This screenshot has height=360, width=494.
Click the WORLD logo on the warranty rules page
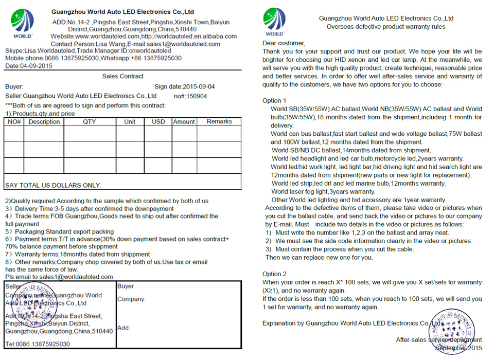click(274, 22)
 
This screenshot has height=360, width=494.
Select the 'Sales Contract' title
click(123, 76)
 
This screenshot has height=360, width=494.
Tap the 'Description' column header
click(44, 122)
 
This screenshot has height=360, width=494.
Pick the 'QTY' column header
click(90, 122)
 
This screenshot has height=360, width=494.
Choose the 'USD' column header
click(158, 122)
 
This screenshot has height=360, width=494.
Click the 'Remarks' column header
click(219, 121)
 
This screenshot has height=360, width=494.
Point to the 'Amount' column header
click(184, 122)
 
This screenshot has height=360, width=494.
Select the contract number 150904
click(197, 96)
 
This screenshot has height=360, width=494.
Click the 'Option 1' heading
click(274, 101)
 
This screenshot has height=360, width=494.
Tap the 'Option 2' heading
click(274, 274)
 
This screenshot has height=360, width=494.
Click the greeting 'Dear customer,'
click(284, 43)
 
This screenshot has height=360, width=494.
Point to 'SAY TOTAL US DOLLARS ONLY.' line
click(54, 185)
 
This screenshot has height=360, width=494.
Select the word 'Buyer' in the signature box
click(126, 286)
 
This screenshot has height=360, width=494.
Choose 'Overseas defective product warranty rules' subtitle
click(386, 27)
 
